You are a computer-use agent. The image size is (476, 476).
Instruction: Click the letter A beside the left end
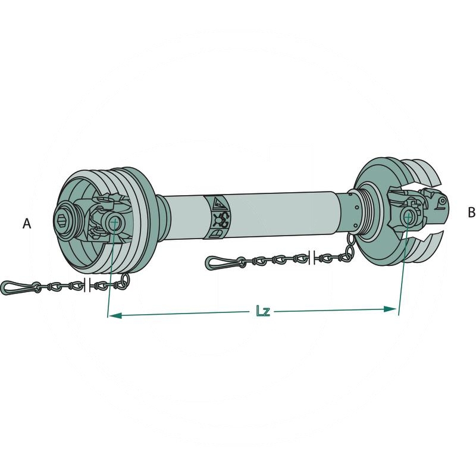(26, 224)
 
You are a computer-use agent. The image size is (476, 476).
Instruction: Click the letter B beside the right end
(471, 212)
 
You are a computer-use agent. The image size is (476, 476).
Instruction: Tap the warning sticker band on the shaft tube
(218, 217)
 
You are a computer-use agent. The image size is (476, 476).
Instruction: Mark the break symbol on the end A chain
(87, 285)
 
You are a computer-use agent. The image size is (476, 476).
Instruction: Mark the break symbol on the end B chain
(312, 257)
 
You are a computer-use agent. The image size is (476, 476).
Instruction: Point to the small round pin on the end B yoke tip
(441, 202)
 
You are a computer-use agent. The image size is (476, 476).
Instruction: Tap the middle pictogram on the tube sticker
(220, 218)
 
